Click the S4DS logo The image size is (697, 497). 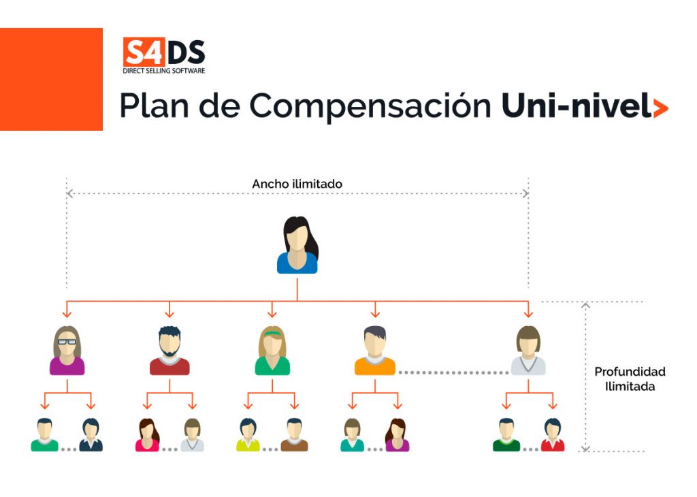click(x=163, y=54)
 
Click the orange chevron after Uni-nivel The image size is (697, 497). click(x=660, y=108)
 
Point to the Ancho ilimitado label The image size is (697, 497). click(x=297, y=184)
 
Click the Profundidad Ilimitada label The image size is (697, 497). click(x=630, y=379)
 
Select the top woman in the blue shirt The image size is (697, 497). click(x=297, y=245)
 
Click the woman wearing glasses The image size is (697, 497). click(x=67, y=351)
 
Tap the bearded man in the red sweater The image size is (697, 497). click(x=169, y=351)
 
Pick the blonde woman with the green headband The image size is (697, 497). click(x=272, y=351)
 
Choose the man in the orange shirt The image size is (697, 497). click(x=374, y=351)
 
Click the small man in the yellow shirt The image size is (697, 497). click(x=248, y=435)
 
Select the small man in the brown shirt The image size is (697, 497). click(x=294, y=435)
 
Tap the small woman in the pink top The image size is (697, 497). click(x=147, y=435)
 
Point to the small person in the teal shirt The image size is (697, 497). click(x=352, y=435)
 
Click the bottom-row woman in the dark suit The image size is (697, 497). click(x=91, y=435)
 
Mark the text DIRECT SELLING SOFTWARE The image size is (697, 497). click(x=163, y=71)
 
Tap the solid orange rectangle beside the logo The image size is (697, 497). click(x=51, y=79)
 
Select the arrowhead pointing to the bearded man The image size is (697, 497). click(x=169, y=313)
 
